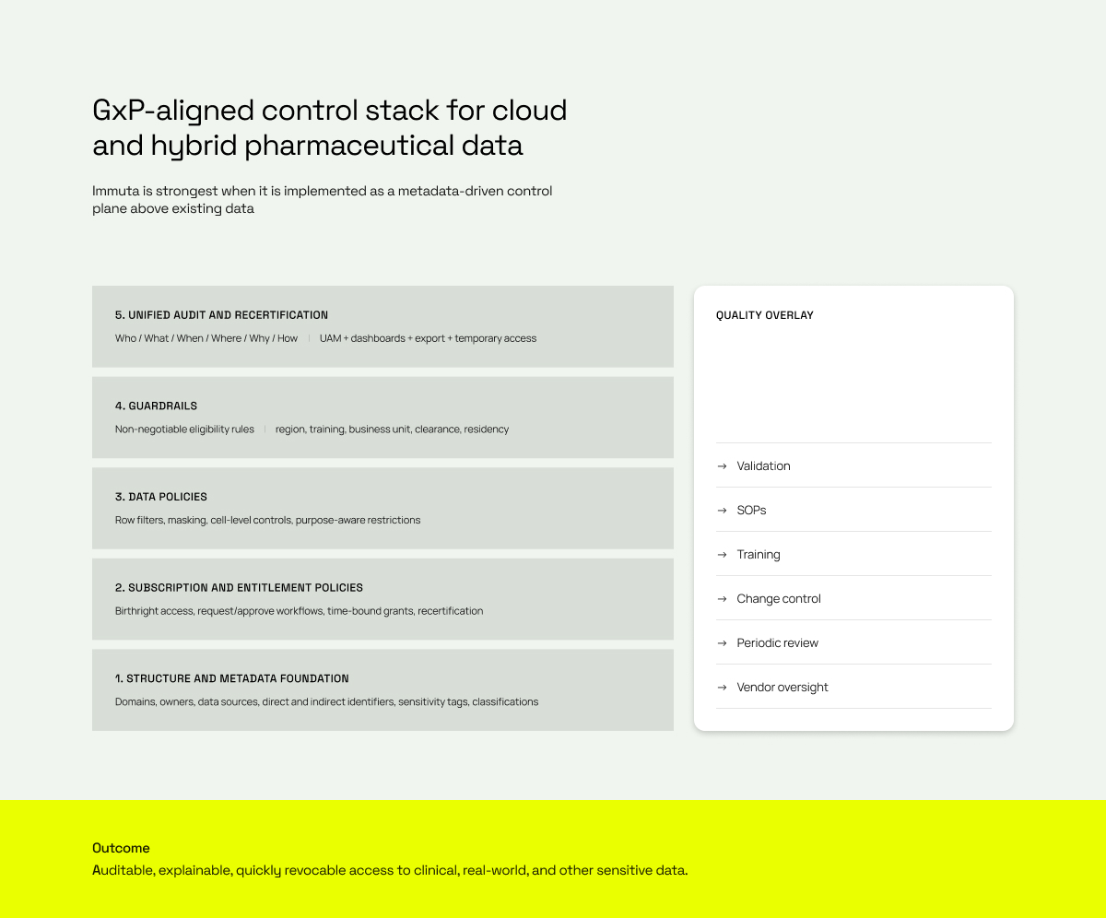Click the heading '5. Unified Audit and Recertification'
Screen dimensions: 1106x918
point(221,315)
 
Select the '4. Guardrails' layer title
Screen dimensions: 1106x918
point(156,406)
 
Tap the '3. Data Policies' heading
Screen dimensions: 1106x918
point(161,497)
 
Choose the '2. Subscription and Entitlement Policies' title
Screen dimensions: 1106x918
point(239,587)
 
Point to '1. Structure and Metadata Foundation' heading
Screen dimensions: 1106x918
point(232,678)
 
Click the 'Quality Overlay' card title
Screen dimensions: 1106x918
point(764,315)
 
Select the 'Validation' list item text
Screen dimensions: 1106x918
point(763,465)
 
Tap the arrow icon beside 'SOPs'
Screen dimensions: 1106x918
point(722,510)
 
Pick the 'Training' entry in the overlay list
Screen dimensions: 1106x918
point(759,555)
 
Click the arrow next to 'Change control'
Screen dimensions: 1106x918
point(722,598)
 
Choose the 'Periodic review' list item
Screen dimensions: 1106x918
point(778,642)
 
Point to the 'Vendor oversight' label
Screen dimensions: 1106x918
point(782,687)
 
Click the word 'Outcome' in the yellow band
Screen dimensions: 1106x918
point(121,848)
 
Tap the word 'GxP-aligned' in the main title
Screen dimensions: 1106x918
point(172,111)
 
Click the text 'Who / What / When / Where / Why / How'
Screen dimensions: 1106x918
point(206,338)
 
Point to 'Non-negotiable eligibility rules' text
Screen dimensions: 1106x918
point(184,430)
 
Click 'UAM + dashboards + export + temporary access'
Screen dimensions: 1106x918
point(428,338)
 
